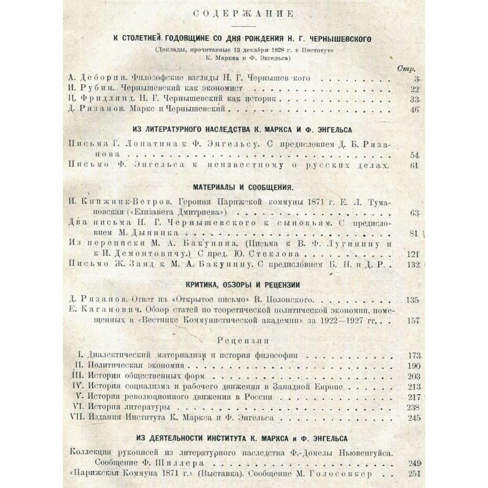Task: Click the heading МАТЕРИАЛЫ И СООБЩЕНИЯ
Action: tap(244, 186)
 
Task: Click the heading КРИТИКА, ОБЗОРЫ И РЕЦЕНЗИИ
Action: tap(244, 285)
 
